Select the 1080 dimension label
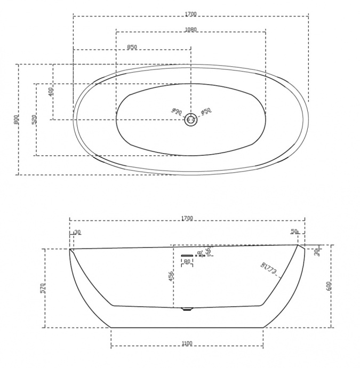pyautogui.click(x=190, y=29)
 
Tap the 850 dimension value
pyautogui.click(x=132, y=47)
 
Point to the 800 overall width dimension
pyautogui.click(x=17, y=119)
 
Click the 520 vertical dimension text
pyautogui.click(x=34, y=119)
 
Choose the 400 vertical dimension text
pyautogui.click(x=51, y=92)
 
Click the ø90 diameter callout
pyautogui.click(x=177, y=111)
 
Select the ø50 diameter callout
pyautogui.click(x=206, y=111)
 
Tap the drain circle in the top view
pyautogui.click(x=191, y=121)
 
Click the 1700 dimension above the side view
pyautogui.click(x=187, y=218)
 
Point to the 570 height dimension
pyautogui.click(x=43, y=289)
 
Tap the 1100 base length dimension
pyautogui.click(x=187, y=343)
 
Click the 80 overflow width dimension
pyautogui.click(x=187, y=262)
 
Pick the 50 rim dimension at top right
pyautogui.click(x=294, y=231)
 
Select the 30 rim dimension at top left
pyautogui.click(x=78, y=231)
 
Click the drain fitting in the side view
pyautogui.click(x=186, y=309)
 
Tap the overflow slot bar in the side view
pyautogui.click(x=187, y=255)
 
